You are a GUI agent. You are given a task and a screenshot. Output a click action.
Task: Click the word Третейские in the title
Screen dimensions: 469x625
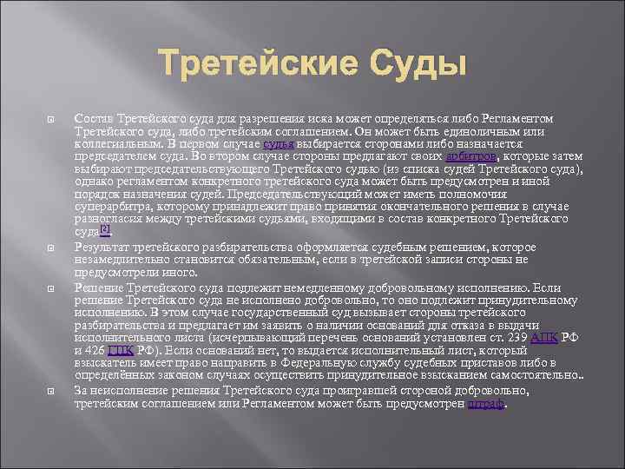(251, 65)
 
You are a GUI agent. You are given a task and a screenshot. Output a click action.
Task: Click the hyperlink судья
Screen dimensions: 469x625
(280, 143)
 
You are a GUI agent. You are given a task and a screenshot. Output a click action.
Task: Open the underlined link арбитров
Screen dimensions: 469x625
(470, 156)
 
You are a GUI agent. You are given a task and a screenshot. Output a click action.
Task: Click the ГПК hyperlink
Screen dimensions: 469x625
(123, 350)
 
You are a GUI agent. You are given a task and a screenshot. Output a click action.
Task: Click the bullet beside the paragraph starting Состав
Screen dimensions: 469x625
(53, 118)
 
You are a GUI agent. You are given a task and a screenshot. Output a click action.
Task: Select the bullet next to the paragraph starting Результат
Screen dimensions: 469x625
(53, 248)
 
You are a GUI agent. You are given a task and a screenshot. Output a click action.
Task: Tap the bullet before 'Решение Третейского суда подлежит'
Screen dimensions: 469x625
(53, 287)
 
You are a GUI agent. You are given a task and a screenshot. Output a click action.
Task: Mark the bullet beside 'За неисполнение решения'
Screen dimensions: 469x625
(53, 391)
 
